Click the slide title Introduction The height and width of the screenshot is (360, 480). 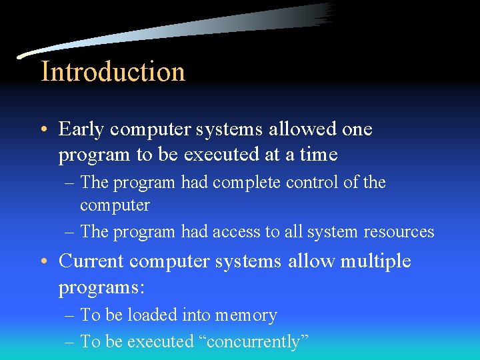(x=113, y=71)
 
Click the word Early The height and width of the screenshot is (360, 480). (x=83, y=129)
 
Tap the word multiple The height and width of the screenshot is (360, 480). (x=375, y=261)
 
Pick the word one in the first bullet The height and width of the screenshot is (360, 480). (x=357, y=129)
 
